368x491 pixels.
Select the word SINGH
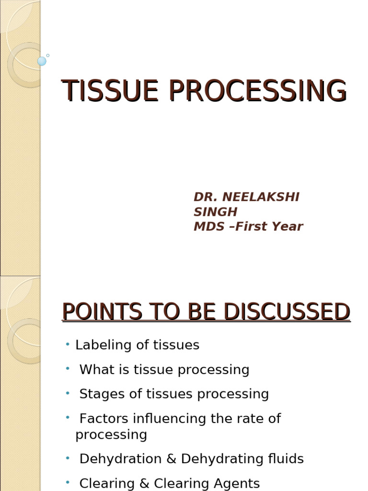click(215, 212)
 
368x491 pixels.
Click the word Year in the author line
click(287, 227)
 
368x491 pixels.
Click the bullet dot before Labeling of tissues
click(68, 344)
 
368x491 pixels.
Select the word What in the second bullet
click(94, 370)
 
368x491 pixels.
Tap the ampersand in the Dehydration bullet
click(172, 459)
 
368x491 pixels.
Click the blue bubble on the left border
click(42, 61)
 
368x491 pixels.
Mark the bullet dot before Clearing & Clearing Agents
click(68, 482)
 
